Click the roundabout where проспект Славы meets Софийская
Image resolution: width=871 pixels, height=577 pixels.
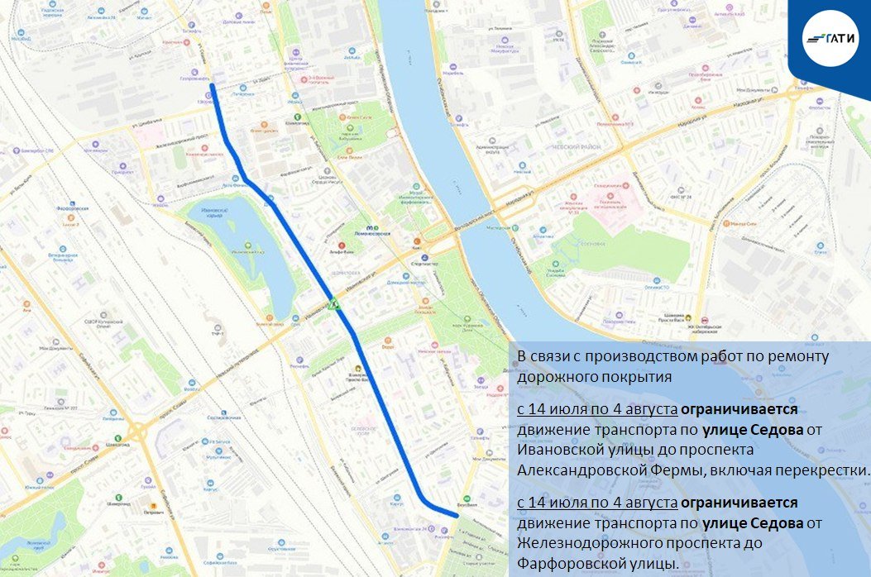[x=137, y=431]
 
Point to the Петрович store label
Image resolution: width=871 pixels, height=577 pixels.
[x=152, y=512]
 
